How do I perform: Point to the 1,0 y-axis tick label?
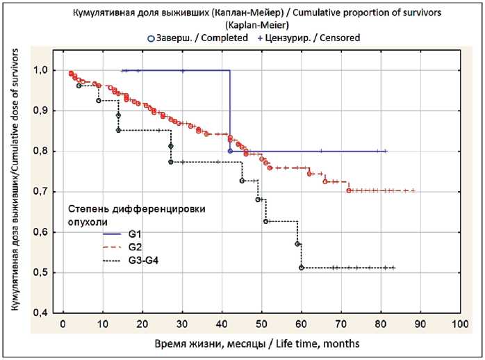(41, 70)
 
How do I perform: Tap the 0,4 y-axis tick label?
(41, 313)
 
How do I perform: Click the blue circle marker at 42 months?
(230, 151)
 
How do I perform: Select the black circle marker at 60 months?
(301, 268)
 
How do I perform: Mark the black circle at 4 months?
(79, 85)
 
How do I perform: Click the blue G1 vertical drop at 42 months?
(230, 111)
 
